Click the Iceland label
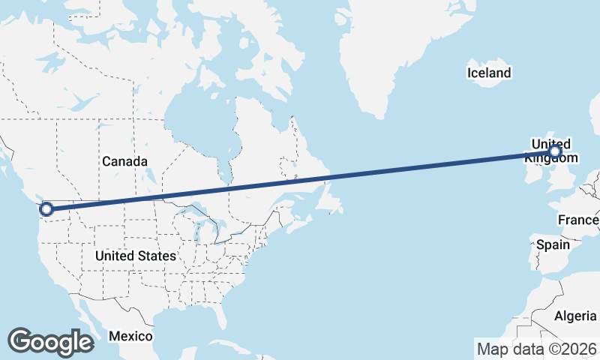pyautogui.click(x=488, y=73)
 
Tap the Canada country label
pyautogui.click(x=124, y=161)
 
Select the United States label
pyautogui.click(x=136, y=256)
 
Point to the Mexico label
pyautogui.click(x=130, y=335)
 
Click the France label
pyautogui.click(x=578, y=220)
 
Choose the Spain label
pyautogui.click(x=553, y=244)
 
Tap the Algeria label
pyautogui.click(x=575, y=316)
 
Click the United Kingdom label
pyautogui.click(x=551, y=151)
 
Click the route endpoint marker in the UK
pyautogui.click(x=554, y=152)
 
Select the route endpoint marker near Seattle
pyautogui.click(x=46, y=209)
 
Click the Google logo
pyautogui.click(x=50, y=342)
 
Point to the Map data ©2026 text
pyautogui.click(x=536, y=349)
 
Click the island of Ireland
pyautogui.click(x=533, y=172)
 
